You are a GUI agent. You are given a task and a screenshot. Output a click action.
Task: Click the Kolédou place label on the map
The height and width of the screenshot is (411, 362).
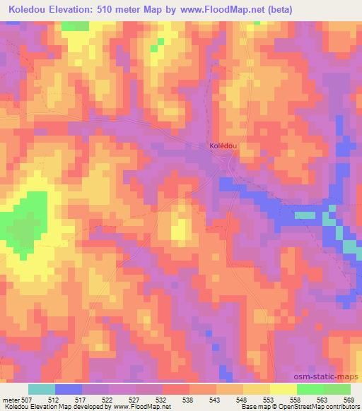click(x=222, y=145)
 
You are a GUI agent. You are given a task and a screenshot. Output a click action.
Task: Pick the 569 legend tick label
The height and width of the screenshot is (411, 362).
click(x=349, y=400)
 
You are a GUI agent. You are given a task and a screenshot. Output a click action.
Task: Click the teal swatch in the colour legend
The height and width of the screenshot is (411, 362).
click(x=42, y=389)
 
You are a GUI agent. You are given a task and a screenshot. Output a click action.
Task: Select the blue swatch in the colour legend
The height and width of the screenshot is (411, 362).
click(x=69, y=389)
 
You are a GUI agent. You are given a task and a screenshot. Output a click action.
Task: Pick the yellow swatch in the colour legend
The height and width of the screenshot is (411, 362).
click(x=283, y=389)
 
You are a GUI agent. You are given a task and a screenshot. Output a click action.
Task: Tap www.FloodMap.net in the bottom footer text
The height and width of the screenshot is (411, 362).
click(x=136, y=407)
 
